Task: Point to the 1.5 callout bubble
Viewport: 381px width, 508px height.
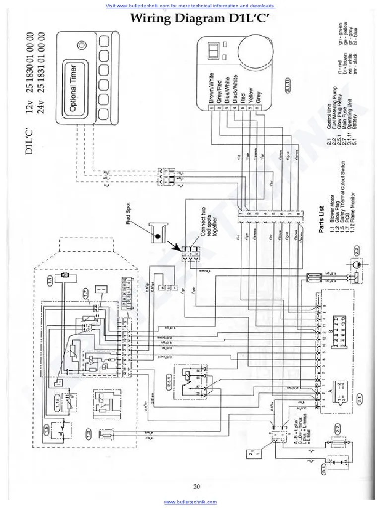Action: coord(49,428)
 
